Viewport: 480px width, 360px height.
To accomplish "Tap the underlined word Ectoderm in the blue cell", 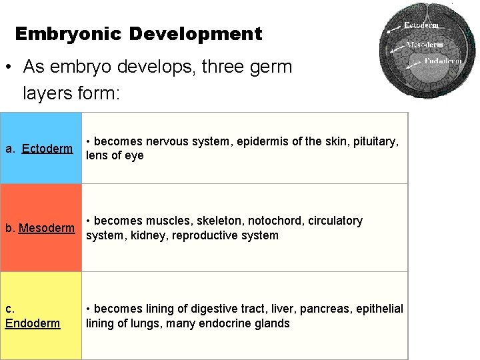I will [47, 148].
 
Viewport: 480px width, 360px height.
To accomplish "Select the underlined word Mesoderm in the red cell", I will [47, 228].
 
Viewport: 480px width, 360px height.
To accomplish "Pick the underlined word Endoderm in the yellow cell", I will [33, 323].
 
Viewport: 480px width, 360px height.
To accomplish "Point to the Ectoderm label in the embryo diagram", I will [421, 25].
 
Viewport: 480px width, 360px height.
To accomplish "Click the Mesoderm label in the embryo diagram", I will [425, 45].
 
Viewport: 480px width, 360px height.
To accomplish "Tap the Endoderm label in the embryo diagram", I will [443, 61].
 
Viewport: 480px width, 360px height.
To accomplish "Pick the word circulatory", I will [335, 221].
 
